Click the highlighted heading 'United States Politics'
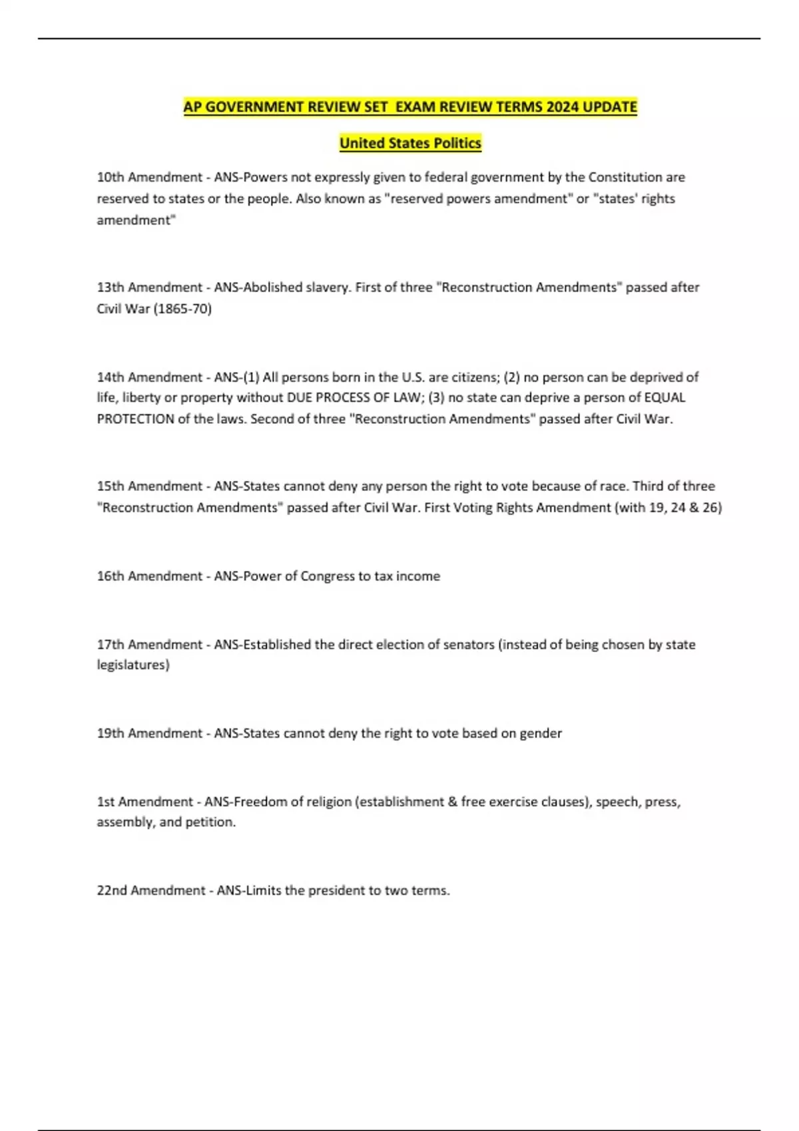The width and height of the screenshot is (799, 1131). [x=410, y=143]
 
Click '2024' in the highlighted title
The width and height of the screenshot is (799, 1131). [x=563, y=107]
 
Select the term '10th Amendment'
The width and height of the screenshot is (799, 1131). [x=150, y=178]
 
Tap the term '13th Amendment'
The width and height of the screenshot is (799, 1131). [x=150, y=287]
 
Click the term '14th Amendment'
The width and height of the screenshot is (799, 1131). [x=150, y=377]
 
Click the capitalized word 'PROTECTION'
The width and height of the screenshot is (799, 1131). [x=136, y=419]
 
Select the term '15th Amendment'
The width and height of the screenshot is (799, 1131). [x=150, y=486]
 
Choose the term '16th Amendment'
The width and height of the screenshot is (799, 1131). [x=150, y=576]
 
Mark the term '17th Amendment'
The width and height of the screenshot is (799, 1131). [x=150, y=645]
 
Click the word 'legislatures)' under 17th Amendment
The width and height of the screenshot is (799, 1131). [x=133, y=665]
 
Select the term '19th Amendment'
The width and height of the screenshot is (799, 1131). [x=150, y=733]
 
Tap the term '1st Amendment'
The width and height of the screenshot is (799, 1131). [x=145, y=802]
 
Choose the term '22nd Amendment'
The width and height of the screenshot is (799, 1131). [x=151, y=891]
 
